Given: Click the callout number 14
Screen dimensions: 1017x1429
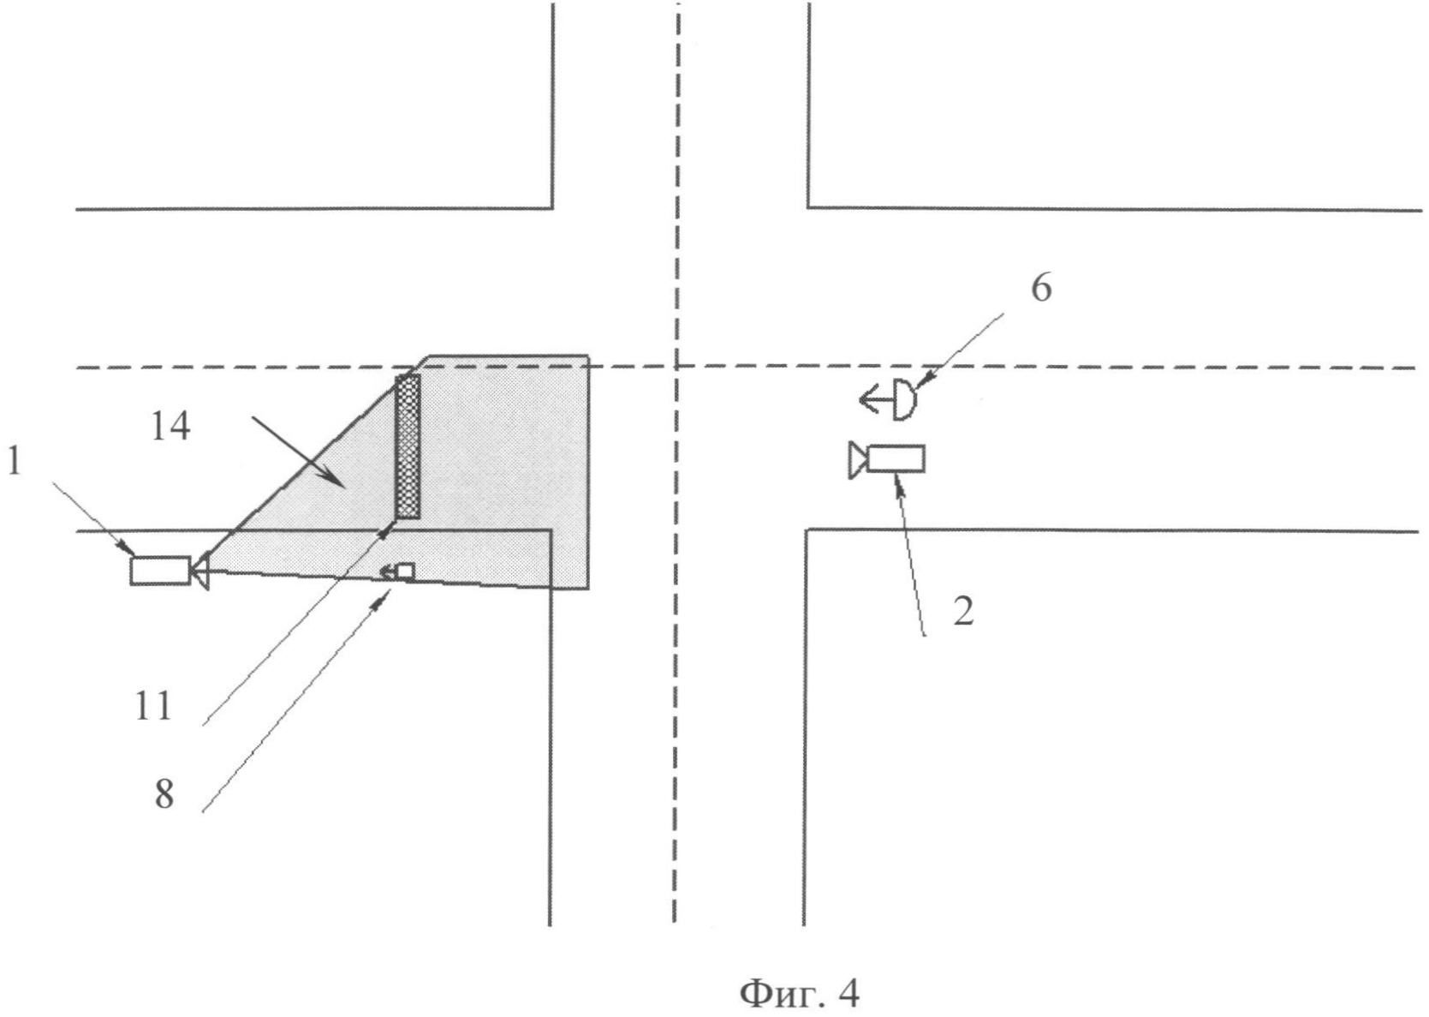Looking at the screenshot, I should pos(170,426).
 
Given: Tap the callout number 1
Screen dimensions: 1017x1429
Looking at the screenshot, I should pos(13,463).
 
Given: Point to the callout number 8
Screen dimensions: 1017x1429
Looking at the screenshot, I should pos(164,794).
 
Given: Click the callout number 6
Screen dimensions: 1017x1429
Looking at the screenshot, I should pos(1040,289).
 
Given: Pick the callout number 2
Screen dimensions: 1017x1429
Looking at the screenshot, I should pos(963,612).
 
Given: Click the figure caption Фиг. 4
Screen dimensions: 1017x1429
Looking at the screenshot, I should pos(798,994).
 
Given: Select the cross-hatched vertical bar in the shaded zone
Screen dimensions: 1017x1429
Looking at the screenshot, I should pos(408,446).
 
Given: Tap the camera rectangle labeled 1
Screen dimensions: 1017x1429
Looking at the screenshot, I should pos(160,571).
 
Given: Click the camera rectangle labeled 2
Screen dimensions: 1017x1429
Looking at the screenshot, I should pos(896,458).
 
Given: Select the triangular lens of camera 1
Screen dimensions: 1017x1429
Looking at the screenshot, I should pos(200,571).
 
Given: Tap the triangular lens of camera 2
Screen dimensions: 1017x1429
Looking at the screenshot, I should pos(857,460).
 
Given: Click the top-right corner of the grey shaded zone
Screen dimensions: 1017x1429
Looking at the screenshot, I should pos(587,355).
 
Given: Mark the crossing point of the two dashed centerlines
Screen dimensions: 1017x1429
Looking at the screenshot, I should pos(676,368).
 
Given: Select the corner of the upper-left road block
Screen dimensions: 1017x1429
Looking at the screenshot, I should pos(552,207).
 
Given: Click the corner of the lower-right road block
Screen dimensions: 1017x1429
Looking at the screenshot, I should pos(805,530).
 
